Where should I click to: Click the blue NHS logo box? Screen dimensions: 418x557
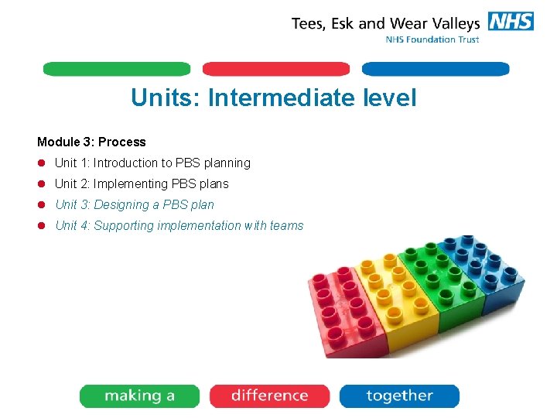coord(511,21)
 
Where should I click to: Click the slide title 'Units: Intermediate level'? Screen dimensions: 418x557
coord(273,98)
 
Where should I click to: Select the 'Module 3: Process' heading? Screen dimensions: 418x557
coord(91,142)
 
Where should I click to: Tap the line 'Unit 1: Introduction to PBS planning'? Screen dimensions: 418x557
coord(152,163)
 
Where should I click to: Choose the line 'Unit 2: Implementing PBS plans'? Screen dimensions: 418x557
coord(142,183)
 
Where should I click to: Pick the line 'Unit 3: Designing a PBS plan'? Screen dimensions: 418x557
coord(135,204)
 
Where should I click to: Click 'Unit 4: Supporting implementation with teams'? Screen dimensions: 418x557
coord(179,225)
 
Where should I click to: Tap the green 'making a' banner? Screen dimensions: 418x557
coord(139,396)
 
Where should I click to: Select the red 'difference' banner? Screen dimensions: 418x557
coord(269,396)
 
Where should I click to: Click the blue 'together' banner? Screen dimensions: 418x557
coord(399,396)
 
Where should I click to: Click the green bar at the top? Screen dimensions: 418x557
coord(116,69)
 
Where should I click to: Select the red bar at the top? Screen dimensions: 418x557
coord(276,69)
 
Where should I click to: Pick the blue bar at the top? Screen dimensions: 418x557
coord(436,69)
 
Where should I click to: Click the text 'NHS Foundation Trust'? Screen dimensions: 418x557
coord(432,39)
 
